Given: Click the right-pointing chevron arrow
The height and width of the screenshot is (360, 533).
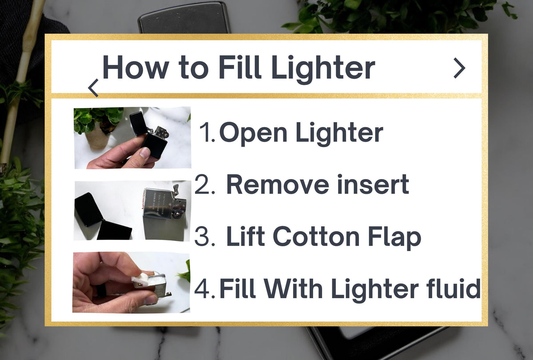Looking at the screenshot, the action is pos(460,68).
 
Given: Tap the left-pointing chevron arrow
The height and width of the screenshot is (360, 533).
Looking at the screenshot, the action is pos(93,88).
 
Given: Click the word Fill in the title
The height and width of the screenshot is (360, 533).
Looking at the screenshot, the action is pos(240,67).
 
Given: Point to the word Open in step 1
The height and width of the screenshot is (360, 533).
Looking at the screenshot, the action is pos(253,133).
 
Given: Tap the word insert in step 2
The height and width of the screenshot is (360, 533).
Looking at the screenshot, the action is pos(373,184).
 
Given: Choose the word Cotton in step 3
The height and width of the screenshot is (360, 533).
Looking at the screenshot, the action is pos(316,236).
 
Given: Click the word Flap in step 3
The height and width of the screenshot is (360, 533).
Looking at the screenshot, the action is pos(394,238).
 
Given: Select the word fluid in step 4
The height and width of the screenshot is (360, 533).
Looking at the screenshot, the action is pos(453,288).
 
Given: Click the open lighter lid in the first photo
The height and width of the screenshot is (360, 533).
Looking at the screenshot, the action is pos(139,124).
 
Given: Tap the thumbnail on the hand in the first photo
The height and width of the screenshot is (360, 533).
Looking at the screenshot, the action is pos(145,152).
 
